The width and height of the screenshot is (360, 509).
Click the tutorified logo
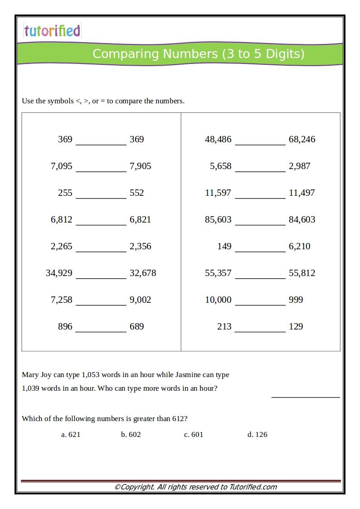[x=52, y=30]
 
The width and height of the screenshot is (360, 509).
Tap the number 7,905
[x=140, y=166]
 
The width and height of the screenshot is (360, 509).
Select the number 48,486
[x=218, y=140]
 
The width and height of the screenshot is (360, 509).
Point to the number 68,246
[x=302, y=140]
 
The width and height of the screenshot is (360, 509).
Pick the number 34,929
[x=59, y=273]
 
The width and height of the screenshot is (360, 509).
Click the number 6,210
[x=299, y=247]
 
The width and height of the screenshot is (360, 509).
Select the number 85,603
[x=218, y=220]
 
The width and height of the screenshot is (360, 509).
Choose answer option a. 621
[x=71, y=435]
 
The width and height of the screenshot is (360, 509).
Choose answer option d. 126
[x=257, y=435]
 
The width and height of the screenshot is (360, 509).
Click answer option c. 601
[x=194, y=435]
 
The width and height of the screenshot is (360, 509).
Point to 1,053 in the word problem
[x=90, y=375]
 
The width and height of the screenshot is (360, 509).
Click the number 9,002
[x=140, y=300]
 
